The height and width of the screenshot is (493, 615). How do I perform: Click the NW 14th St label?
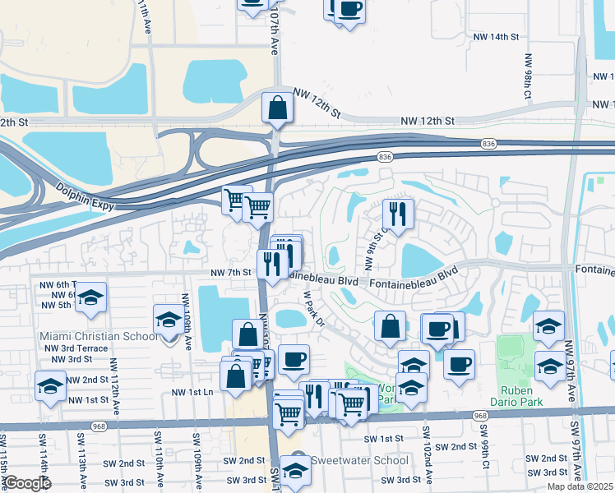coord(496,37)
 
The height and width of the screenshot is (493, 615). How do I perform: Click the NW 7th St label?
coord(229,272)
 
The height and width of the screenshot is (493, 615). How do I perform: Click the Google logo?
coord(27,483)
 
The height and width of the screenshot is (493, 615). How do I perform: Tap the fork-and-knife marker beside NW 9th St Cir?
coord(398,215)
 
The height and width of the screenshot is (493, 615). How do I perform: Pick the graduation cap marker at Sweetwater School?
coord(295,472)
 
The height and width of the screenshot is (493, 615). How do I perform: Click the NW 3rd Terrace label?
coord(80,348)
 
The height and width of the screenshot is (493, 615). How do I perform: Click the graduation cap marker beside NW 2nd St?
coord(51,385)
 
